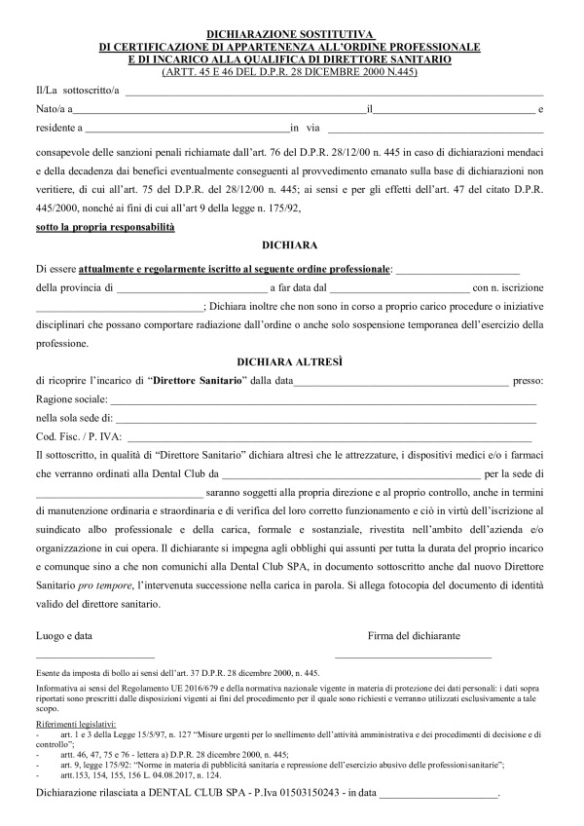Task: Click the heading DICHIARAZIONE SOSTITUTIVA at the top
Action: (x=291, y=34)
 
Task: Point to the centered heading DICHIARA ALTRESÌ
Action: (x=291, y=360)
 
